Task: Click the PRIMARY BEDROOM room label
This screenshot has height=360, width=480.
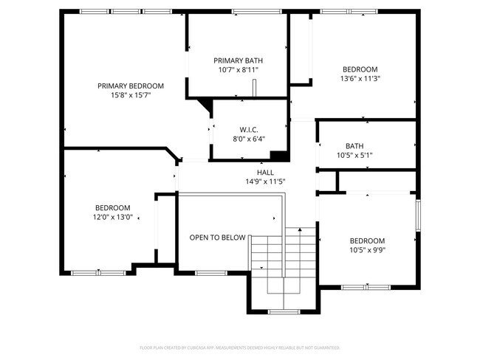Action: (x=131, y=86)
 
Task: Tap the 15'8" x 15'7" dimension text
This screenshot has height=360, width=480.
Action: (x=131, y=95)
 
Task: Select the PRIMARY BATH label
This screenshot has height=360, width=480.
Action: (x=238, y=60)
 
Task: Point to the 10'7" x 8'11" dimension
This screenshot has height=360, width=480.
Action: (x=238, y=70)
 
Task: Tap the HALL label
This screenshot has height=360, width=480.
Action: (x=265, y=172)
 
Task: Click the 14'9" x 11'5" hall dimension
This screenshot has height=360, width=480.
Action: (x=265, y=181)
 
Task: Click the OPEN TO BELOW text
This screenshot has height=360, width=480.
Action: (x=217, y=238)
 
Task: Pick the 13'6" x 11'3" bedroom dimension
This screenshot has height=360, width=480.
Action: (x=360, y=78)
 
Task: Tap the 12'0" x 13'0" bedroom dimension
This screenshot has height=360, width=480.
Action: (x=112, y=218)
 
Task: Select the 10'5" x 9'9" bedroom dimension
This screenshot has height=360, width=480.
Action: (x=367, y=251)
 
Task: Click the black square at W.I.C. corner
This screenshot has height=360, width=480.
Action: (x=279, y=155)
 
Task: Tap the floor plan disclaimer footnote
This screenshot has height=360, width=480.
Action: (x=239, y=347)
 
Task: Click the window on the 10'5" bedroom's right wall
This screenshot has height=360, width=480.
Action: (x=417, y=221)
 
